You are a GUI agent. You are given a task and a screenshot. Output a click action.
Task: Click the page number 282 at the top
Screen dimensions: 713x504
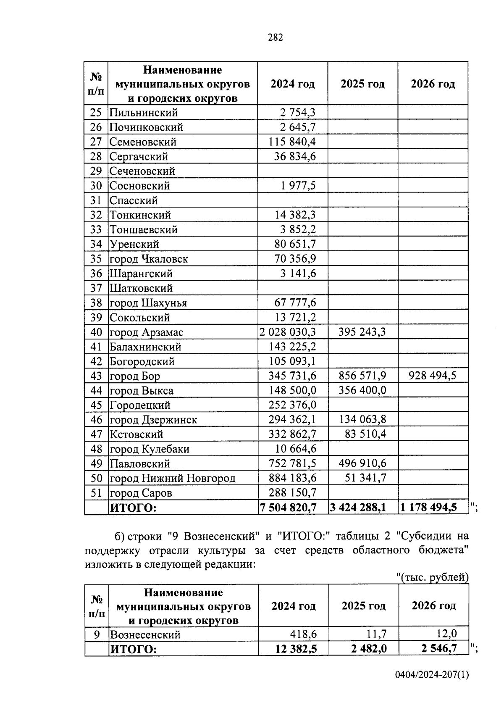(275, 37)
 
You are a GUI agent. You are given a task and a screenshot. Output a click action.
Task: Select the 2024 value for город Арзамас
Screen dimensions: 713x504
(288, 332)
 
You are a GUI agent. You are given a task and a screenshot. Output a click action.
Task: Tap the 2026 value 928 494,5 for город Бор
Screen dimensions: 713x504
(432, 376)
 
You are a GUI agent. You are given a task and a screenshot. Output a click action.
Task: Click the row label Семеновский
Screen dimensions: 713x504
(143, 142)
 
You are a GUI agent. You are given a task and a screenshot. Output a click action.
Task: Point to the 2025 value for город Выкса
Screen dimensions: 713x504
(362, 390)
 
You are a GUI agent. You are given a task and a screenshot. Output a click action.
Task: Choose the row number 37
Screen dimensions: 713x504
(96, 288)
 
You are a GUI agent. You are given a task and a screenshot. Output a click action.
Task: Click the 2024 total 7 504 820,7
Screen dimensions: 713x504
(289, 508)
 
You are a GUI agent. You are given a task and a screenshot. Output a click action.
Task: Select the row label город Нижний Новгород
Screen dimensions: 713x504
(172, 478)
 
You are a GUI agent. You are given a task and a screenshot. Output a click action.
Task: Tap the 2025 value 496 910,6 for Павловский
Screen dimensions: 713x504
(362, 463)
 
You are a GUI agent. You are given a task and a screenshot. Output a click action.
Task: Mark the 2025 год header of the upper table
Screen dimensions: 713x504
(362, 84)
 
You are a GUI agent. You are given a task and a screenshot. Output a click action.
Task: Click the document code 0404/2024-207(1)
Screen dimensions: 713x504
(432, 675)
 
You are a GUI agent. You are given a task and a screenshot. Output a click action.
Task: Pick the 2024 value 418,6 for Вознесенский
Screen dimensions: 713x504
(303, 634)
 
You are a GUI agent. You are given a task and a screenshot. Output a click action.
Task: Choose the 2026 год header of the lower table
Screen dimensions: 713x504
(433, 606)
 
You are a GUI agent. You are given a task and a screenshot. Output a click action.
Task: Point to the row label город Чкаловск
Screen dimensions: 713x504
(149, 259)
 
